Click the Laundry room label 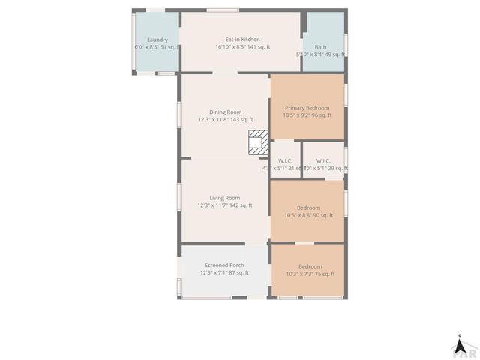click(157, 40)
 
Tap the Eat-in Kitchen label click(243, 40)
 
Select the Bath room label click(320, 46)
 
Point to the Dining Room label click(225, 112)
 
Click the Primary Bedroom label click(307, 108)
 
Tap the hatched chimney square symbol click(258, 142)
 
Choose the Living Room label click(224, 198)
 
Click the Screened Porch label click(225, 265)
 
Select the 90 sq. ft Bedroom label click(308, 208)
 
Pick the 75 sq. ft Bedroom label click(310, 266)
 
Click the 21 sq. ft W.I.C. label click(285, 160)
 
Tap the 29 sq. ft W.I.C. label click(323, 160)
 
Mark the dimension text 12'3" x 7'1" click(214, 273)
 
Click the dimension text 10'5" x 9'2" click(298, 115)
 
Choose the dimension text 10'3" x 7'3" click(300, 274)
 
